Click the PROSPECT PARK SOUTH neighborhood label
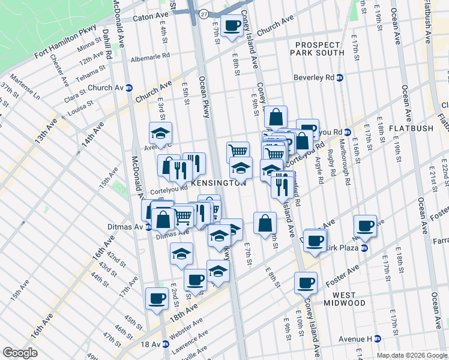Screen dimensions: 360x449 (319, 49)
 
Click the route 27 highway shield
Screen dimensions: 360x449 (205, 13)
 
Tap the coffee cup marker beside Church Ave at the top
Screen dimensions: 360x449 (231, 26)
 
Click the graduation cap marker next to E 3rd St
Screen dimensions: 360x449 (160, 133)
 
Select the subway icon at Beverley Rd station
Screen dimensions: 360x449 (340, 77)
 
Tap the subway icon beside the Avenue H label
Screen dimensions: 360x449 (378, 340)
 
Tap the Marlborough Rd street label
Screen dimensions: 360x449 (346, 167)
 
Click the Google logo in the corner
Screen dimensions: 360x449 (20, 353)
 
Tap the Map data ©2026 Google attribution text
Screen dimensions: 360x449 (412, 355)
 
